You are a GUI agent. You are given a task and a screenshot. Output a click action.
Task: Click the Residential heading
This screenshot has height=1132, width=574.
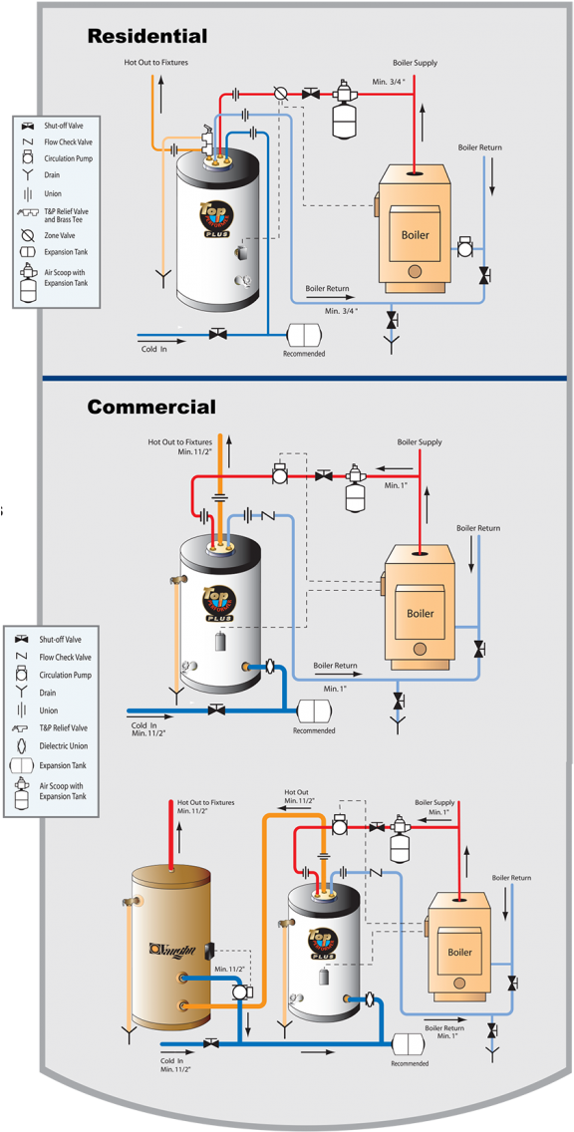147,37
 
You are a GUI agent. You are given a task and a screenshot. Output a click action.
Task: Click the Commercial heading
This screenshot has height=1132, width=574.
150,407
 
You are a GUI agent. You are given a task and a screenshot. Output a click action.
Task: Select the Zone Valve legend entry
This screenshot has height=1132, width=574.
59,235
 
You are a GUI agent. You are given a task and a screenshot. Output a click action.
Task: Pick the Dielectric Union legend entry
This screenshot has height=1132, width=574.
63,746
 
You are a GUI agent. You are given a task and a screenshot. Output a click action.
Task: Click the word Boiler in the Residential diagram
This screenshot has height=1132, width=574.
415,235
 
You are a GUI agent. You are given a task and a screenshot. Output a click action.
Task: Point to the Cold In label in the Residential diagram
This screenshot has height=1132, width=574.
154,349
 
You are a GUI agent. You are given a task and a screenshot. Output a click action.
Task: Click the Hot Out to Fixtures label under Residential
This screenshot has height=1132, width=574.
155,62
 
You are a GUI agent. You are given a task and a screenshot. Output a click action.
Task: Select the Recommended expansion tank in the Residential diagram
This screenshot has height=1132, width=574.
303,335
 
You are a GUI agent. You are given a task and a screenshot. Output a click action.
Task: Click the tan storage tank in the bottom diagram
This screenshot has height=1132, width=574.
170,948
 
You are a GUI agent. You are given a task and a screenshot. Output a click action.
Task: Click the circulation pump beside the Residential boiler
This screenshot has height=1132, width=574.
464,246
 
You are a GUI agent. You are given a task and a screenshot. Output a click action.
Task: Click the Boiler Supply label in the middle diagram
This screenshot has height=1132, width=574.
419,442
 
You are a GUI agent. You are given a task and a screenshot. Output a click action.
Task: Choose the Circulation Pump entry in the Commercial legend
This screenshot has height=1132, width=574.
65,675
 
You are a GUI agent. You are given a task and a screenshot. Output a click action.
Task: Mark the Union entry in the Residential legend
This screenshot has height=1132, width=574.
52,193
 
